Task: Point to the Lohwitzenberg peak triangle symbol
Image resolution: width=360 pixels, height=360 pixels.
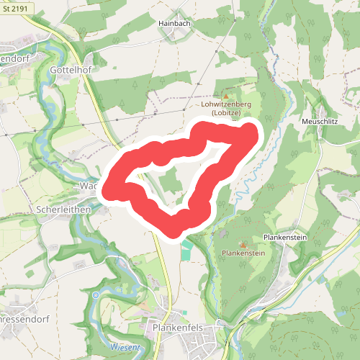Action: (225, 96)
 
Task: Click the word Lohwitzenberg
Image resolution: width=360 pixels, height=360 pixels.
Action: (225, 105)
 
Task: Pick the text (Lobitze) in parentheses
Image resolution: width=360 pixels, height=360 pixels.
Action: (225, 114)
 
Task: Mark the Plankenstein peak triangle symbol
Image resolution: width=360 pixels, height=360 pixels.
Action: (243, 245)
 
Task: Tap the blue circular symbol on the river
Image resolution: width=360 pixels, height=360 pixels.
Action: (96, 295)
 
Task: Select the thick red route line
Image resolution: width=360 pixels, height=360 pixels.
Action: (216, 171)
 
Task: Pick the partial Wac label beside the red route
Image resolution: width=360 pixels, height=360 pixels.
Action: (88, 186)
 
